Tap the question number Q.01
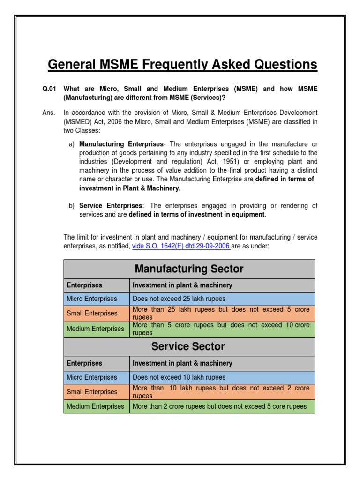[x=49, y=89]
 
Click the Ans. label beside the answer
[x=49, y=113]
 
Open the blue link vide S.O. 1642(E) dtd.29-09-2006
[x=181, y=246]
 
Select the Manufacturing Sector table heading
[x=189, y=269]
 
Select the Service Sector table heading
[x=189, y=346]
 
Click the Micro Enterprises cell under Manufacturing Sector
[x=92, y=299]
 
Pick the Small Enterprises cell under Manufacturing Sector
[x=92, y=313]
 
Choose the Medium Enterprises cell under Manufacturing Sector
[x=95, y=329]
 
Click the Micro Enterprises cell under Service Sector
[x=92, y=377]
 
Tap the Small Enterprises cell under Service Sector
[x=92, y=391]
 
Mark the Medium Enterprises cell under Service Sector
[x=95, y=406]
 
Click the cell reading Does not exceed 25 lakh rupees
[x=179, y=299]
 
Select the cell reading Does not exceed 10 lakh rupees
[x=179, y=377]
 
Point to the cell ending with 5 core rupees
[x=220, y=406]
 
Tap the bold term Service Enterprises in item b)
[x=111, y=206]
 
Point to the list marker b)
[x=72, y=206]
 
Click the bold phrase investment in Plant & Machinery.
[x=130, y=188]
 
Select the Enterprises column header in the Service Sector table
[x=84, y=363]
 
